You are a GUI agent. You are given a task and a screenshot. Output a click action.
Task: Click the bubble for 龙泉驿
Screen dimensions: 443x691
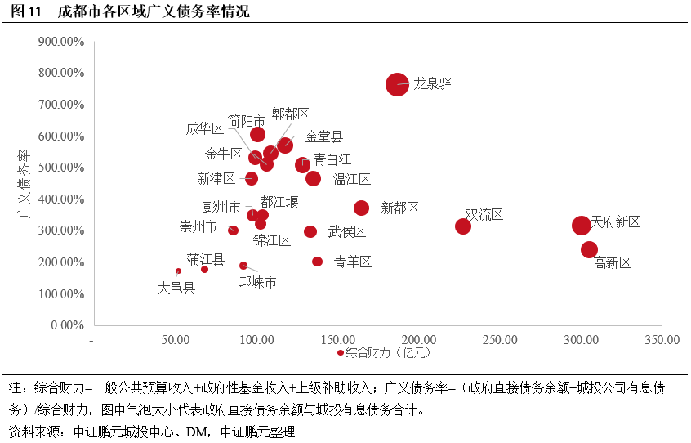coord(397,84)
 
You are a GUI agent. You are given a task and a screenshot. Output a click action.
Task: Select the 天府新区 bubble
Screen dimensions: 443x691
coord(581,225)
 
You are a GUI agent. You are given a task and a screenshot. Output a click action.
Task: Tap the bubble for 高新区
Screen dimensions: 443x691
coord(589,249)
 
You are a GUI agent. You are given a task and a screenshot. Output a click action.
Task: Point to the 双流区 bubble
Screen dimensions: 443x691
coord(463,226)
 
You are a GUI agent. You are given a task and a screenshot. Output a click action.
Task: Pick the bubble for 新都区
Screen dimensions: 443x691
coord(361,208)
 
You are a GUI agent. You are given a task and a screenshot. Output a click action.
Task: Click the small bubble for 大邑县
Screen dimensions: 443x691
coord(178,271)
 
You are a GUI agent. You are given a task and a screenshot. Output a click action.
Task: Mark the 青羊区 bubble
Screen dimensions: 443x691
coord(317,262)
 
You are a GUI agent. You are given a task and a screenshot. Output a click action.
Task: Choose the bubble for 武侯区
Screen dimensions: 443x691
coord(310,231)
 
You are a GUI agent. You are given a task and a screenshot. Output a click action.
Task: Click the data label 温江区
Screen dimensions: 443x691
coord(351,178)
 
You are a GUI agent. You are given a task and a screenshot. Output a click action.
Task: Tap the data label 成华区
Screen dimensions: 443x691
coord(204,128)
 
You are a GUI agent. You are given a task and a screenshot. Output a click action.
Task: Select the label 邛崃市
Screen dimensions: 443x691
coord(257,282)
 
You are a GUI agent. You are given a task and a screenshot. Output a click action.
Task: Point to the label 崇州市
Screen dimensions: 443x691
coord(198,226)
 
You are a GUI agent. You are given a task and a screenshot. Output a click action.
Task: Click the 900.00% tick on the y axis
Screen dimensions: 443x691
coord(61,41)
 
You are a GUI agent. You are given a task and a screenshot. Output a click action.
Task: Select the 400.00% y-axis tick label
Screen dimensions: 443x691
coord(61,199)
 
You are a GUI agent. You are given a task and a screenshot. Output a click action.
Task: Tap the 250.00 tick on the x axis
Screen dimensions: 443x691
coord(499,340)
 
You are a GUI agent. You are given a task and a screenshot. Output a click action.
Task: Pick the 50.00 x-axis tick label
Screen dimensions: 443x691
coord(176,340)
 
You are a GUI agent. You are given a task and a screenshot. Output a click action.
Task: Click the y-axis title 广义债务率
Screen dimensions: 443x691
coord(25,183)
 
